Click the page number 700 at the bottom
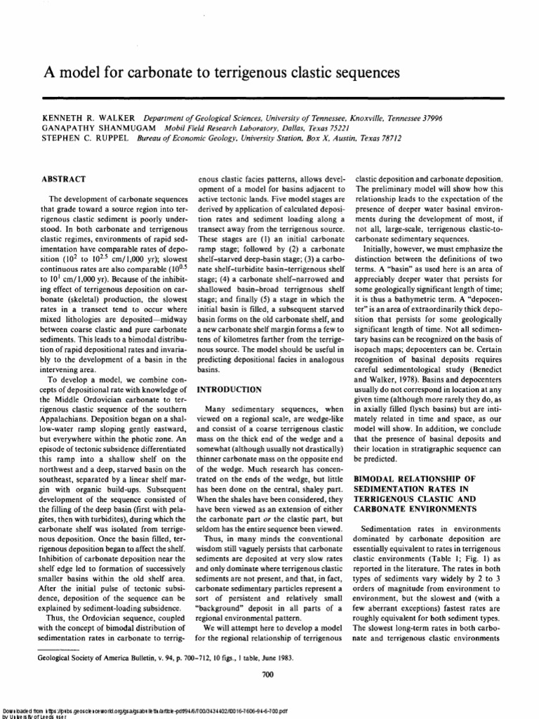tap(267, 675)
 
